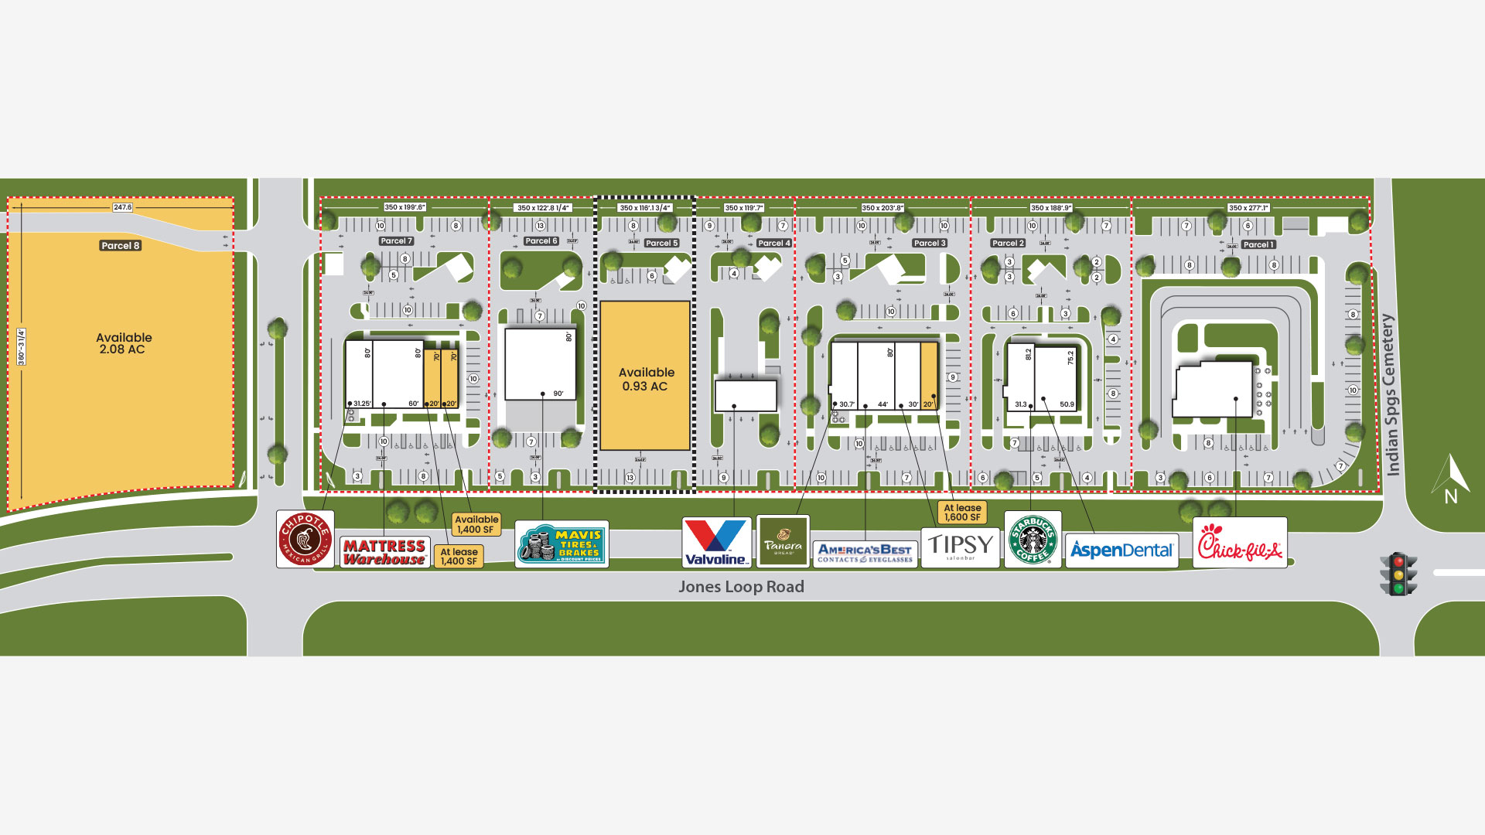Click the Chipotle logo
(x=305, y=539)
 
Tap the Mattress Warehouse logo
(x=384, y=552)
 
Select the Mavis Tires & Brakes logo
(x=562, y=544)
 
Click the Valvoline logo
(x=716, y=542)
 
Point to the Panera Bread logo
(x=783, y=540)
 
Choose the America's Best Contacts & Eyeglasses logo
(x=865, y=554)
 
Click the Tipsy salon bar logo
(x=960, y=547)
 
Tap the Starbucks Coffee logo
(x=1033, y=540)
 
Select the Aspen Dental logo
(x=1121, y=550)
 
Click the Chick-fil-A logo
(x=1239, y=543)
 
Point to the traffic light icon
(x=1398, y=574)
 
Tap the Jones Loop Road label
(x=741, y=587)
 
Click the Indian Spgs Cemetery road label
(x=1391, y=395)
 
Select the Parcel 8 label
(x=121, y=246)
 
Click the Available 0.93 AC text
(x=646, y=379)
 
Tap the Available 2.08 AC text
(x=123, y=343)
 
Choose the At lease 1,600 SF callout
(x=961, y=513)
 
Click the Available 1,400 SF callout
(x=476, y=524)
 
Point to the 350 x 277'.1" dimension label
(x=1248, y=208)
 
